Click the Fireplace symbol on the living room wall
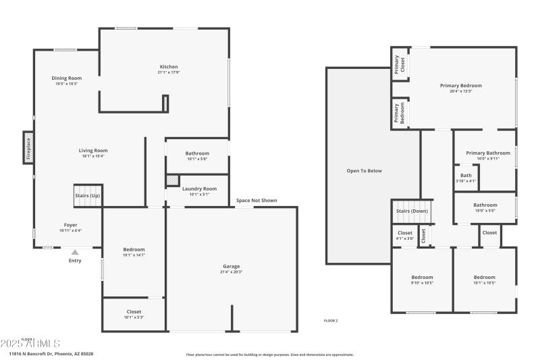point(28,147)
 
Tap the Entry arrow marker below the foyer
point(74,253)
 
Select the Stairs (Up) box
point(88,195)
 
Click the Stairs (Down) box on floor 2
point(412,211)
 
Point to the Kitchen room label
point(169,67)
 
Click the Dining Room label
point(67,78)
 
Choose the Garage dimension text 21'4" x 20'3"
point(231,272)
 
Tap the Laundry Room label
point(199,188)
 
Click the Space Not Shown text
point(256,201)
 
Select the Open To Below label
point(364,171)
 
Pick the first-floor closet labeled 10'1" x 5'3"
point(134,314)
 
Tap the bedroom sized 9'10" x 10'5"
point(422,280)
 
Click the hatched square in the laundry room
point(173,180)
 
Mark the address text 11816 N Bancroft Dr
point(51,353)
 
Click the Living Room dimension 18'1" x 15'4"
point(93,156)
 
